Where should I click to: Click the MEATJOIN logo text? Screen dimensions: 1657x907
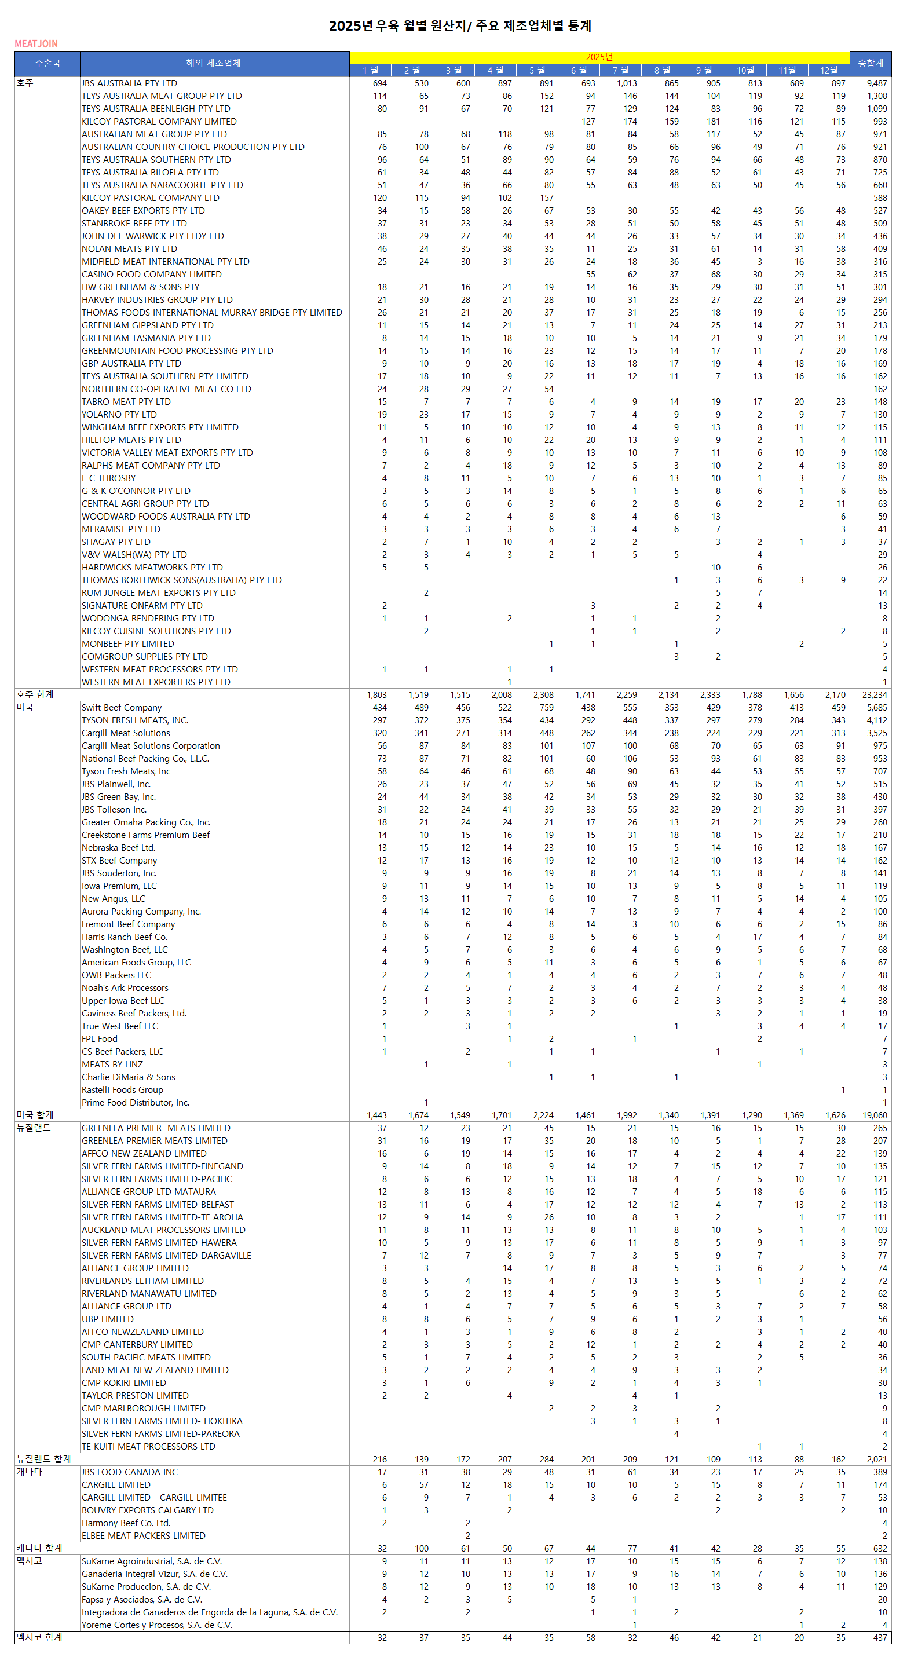click(x=36, y=44)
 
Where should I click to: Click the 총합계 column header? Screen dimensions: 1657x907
click(x=870, y=63)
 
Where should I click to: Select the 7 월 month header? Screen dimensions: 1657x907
click(x=621, y=70)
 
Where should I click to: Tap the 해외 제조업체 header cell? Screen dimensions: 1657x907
click(x=214, y=63)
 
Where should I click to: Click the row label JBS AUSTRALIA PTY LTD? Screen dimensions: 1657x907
click(x=129, y=83)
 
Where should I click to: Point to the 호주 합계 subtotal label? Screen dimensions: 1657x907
click(x=35, y=694)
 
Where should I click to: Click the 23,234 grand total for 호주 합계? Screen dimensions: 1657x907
click(x=874, y=694)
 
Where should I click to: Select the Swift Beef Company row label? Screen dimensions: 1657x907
click(x=122, y=708)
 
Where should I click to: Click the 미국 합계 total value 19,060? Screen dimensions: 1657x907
click(x=874, y=1115)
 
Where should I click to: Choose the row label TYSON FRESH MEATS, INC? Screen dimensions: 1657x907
click(x=134, y=720)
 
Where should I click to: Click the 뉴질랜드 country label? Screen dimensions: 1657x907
click(x=34, y=1128)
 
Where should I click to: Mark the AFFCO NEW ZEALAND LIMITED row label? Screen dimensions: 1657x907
click(x=144, y=1153)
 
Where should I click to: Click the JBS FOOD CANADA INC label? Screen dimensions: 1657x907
click(x=129, y=1472)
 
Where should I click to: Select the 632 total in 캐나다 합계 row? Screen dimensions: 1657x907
click(x=879, y=1548)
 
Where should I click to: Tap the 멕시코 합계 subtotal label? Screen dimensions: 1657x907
click(x=39, y=1638)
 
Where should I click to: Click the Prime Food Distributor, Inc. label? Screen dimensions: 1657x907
click(x=135, y=1103)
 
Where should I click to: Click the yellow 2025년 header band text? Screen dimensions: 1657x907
click(x=599, y=57)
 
